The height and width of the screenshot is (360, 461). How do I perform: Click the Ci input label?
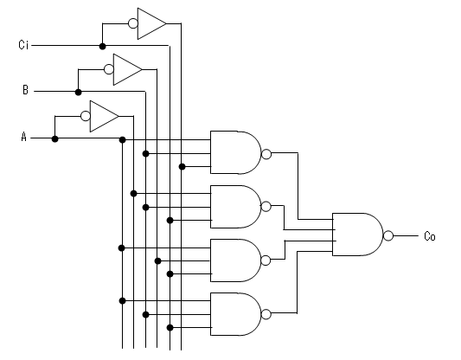[23, 45]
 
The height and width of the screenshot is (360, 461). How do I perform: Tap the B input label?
[26, 90]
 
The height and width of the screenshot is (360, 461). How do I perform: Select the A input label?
[24, 137]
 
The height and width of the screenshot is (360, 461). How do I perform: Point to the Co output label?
[430, 236]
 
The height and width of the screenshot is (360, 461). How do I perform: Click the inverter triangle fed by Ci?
[151, 23]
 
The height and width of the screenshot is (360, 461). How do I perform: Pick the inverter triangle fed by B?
[127, 70]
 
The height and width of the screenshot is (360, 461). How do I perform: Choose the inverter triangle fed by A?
[104, 116]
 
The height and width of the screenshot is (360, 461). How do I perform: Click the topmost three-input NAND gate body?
[236, 152]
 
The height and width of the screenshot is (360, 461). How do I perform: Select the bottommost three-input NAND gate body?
[236, 314]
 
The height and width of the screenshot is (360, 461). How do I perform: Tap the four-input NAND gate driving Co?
[358, 235]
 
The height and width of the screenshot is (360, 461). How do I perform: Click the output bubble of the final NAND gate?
[388, 235]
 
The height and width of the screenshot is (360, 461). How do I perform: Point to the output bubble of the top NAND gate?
[266, 154]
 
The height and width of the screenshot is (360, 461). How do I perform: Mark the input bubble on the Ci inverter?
[133, 23]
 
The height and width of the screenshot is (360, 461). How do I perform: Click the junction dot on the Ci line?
[102, 46]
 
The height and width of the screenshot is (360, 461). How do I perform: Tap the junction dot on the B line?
[78, 93]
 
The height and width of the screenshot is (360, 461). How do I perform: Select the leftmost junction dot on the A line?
[54, 138]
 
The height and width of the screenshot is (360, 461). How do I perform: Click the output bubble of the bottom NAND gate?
[266, 314]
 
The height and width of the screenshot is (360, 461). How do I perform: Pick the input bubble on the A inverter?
[86, 116]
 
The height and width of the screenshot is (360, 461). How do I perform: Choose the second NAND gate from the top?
[236, 207]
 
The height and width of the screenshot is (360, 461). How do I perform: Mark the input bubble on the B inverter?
[109, 69]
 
